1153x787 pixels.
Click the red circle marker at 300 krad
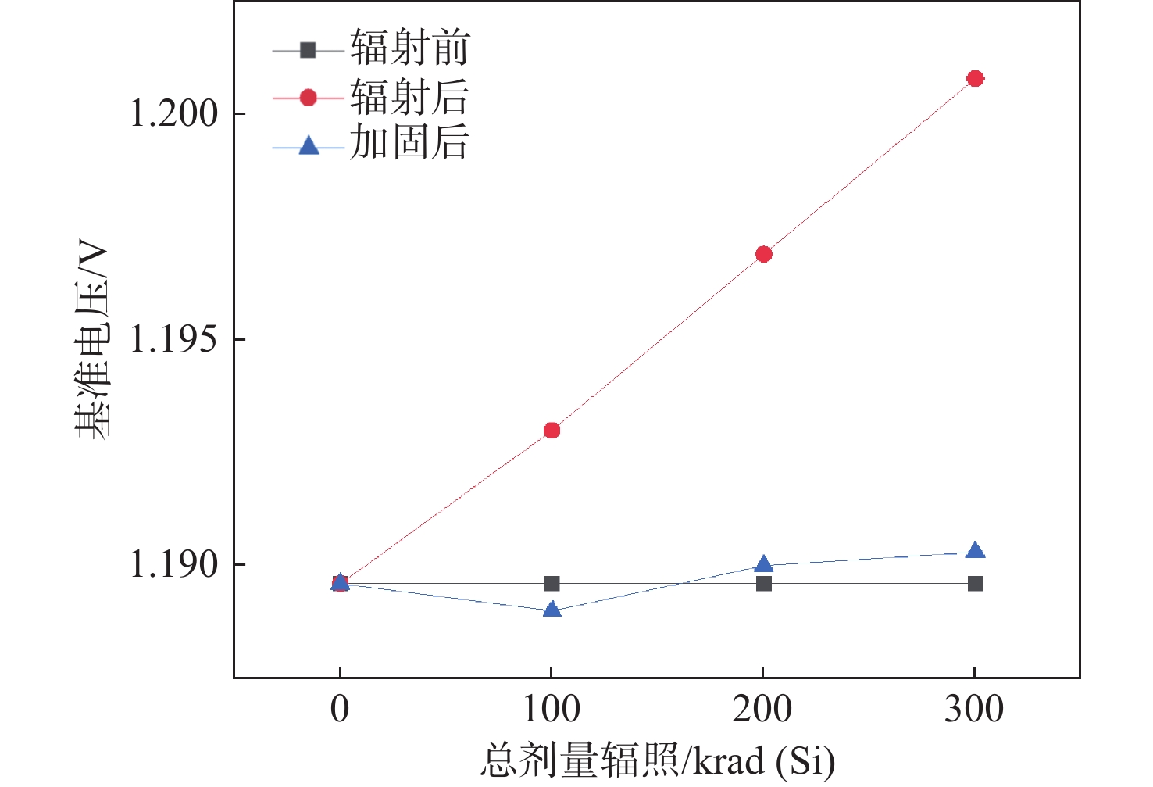(975, 78)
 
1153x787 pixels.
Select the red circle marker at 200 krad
(764, 254)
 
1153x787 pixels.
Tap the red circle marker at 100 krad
(552, 430)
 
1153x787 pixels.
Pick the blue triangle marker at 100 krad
(552, 609)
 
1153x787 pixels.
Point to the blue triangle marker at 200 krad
(764, 564)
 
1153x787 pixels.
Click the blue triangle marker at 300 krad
(975, 551)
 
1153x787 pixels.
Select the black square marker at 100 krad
(552, 584)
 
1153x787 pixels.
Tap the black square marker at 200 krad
(764, 584)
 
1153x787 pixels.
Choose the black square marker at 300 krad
(975, 584)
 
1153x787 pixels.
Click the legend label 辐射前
(409, 48)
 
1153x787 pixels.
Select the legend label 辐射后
(409, 97)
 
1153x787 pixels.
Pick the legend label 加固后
(409, 143)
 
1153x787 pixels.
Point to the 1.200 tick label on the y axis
(173, 114)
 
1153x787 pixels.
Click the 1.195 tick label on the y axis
(173, 340)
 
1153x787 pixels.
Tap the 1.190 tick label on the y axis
(173, 565)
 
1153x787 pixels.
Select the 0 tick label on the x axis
(340, 710)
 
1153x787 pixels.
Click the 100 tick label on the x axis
(552, 710)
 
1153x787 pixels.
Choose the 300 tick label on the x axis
(974, 710)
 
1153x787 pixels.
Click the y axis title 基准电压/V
(93, 340)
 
